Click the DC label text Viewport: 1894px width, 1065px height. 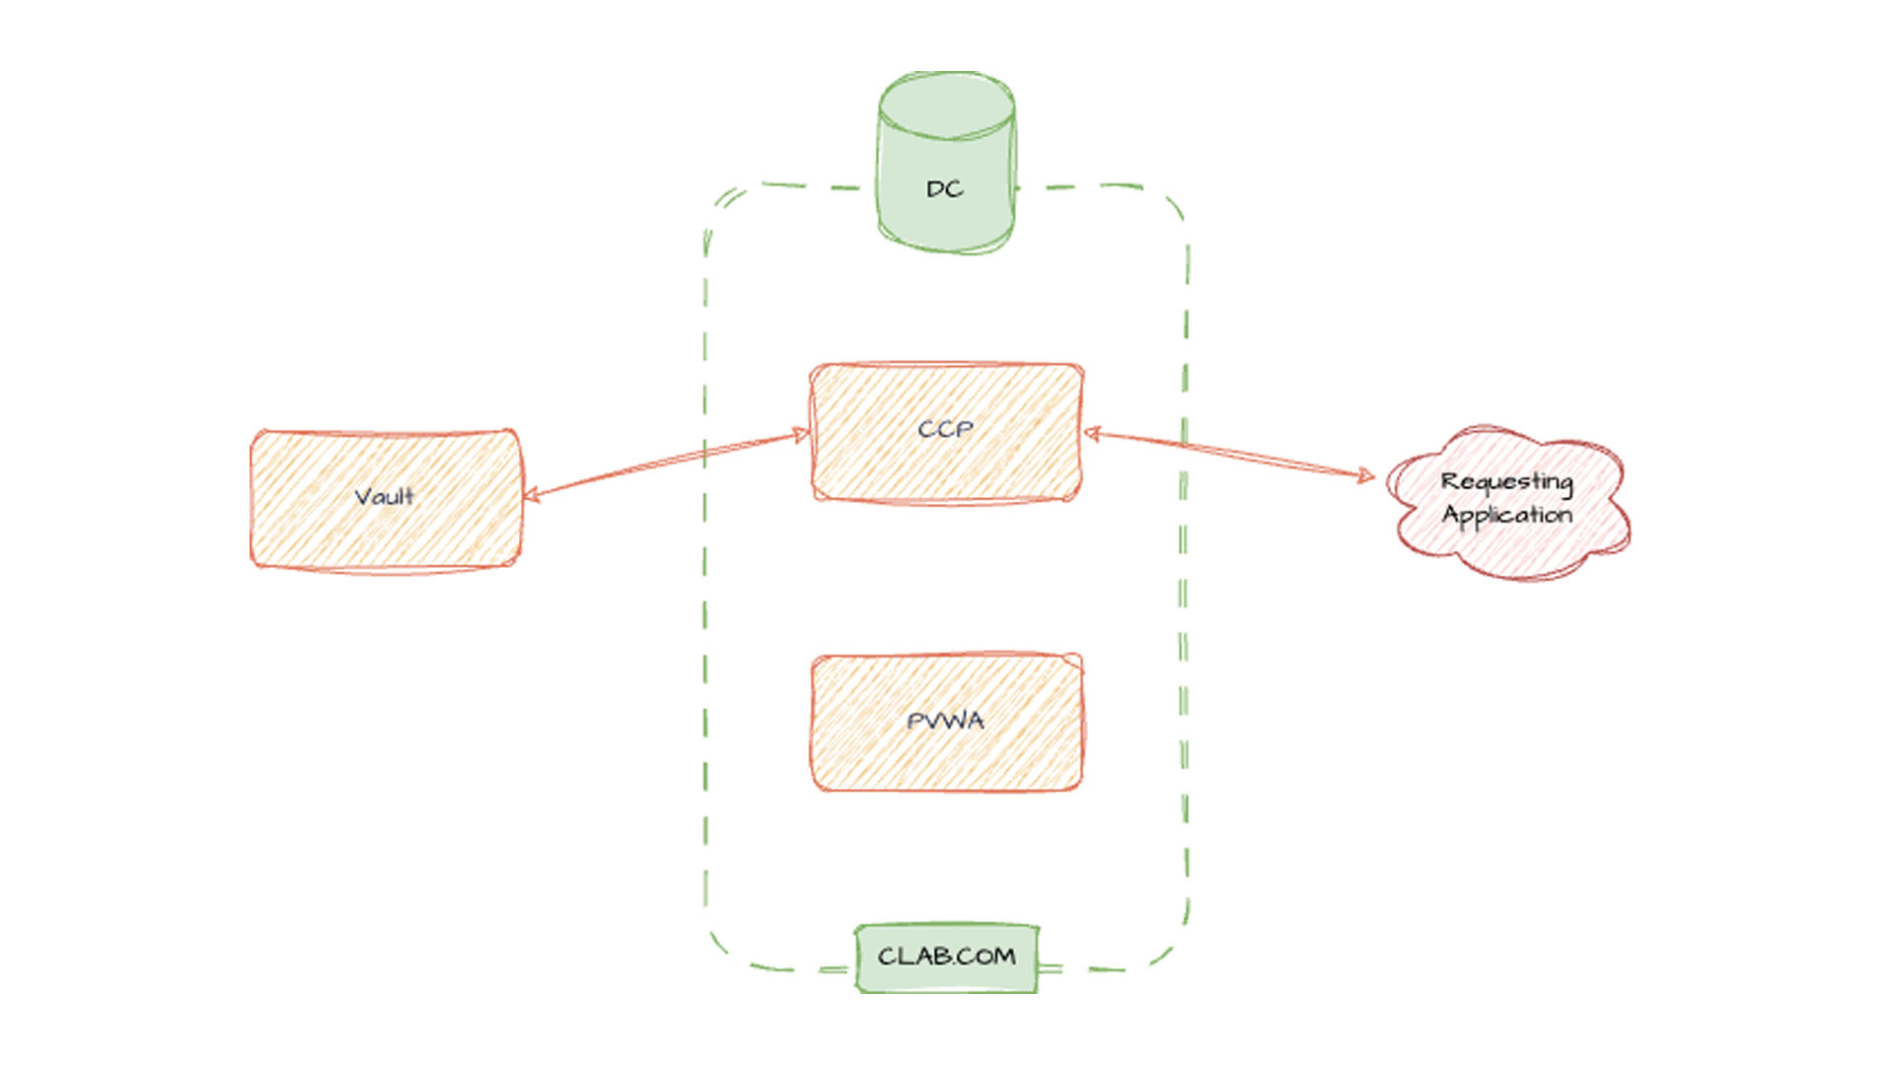[944, 189]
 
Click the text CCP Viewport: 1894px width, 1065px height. [945, 430]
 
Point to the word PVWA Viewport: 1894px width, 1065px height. [945, 721]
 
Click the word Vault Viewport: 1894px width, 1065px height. [385, 496]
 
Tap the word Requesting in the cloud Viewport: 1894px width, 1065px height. [1506, 482]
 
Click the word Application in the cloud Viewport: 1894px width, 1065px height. [1506, 516]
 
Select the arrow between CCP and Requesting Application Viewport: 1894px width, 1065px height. [1228, 454]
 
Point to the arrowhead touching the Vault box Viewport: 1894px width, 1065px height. [530, 494]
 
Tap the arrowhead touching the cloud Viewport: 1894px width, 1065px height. [1366, 476]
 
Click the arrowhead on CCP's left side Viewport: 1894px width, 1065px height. [801, 434]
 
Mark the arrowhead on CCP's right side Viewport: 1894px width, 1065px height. [1091, 433]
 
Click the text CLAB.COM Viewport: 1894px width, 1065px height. [946, 957]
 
